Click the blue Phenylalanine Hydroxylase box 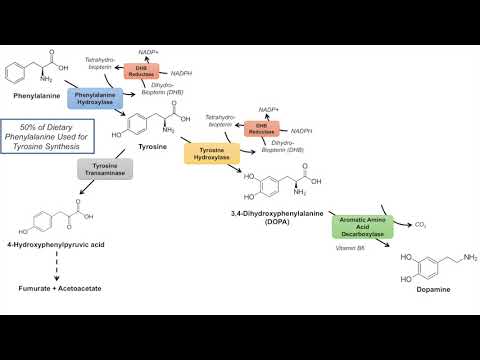click(x=95, y=98)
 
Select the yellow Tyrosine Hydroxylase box click(x=212, y=153)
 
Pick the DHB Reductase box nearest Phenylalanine click(x=140, y=71)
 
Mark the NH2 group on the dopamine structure click(x=469, y=256)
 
